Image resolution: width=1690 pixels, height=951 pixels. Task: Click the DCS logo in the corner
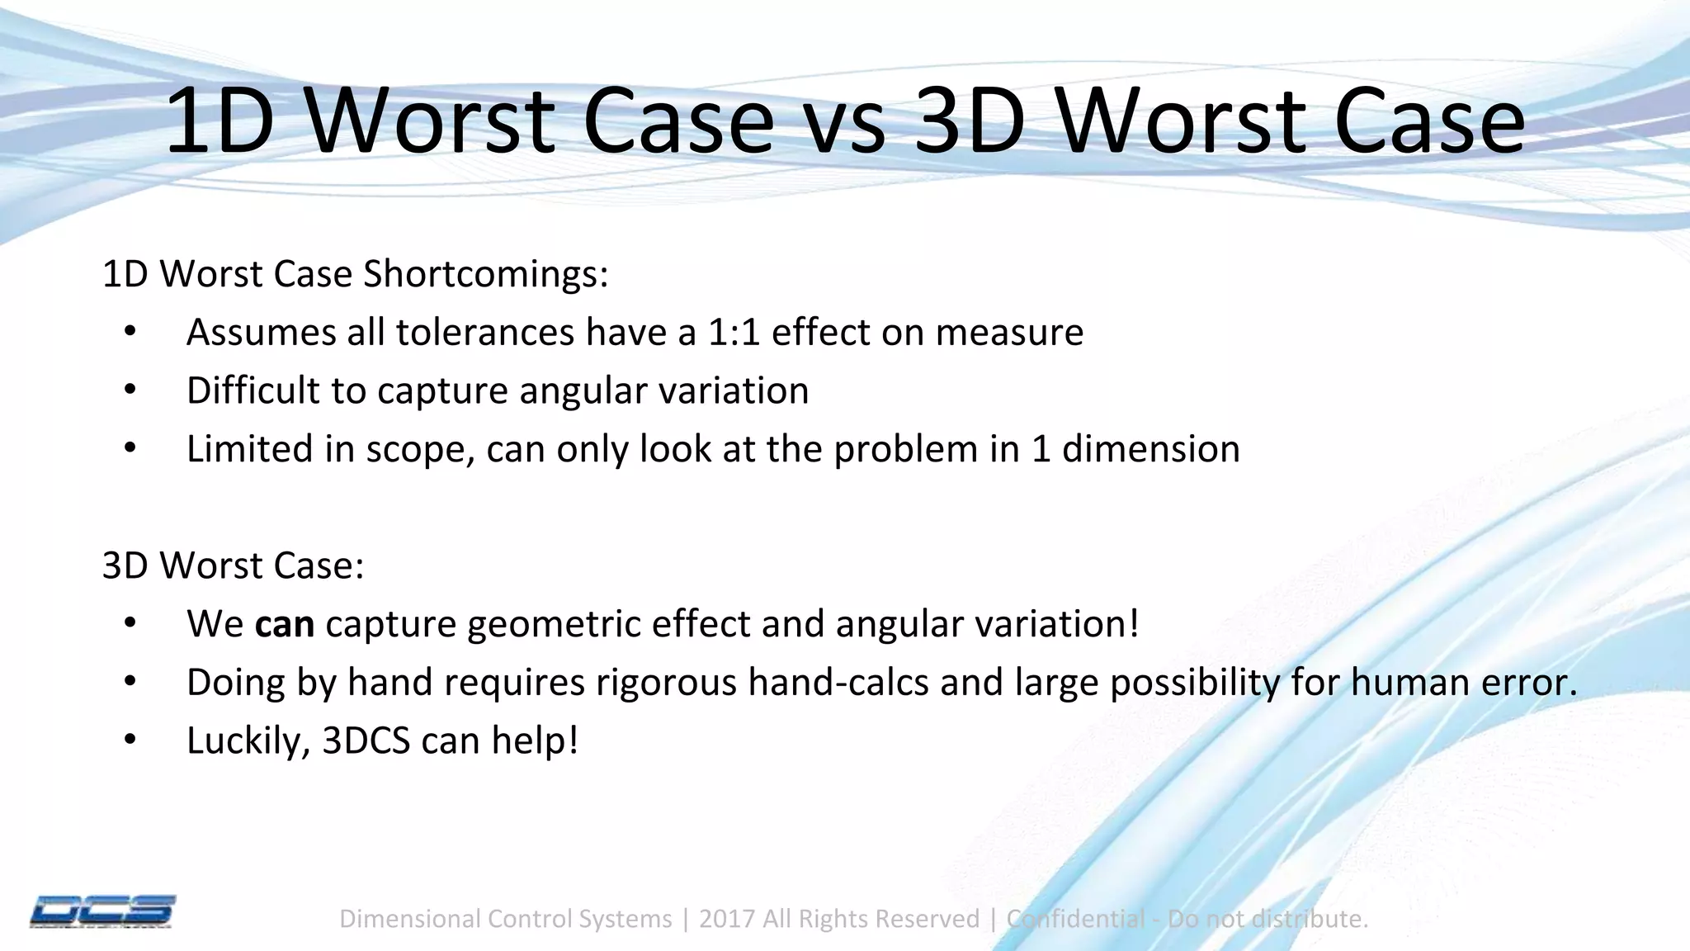[x=102, y=911]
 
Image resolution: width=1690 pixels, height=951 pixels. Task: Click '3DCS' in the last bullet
[x=366, y=740]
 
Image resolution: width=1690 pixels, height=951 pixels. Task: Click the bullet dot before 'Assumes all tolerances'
[x=130, y=333]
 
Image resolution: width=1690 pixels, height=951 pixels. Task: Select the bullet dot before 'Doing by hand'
[x=130, y=682]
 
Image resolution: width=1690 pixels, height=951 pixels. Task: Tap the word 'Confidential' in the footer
[x=1075, y=919]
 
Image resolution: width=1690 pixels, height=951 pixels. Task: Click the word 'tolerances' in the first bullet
[x=484, y=333]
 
